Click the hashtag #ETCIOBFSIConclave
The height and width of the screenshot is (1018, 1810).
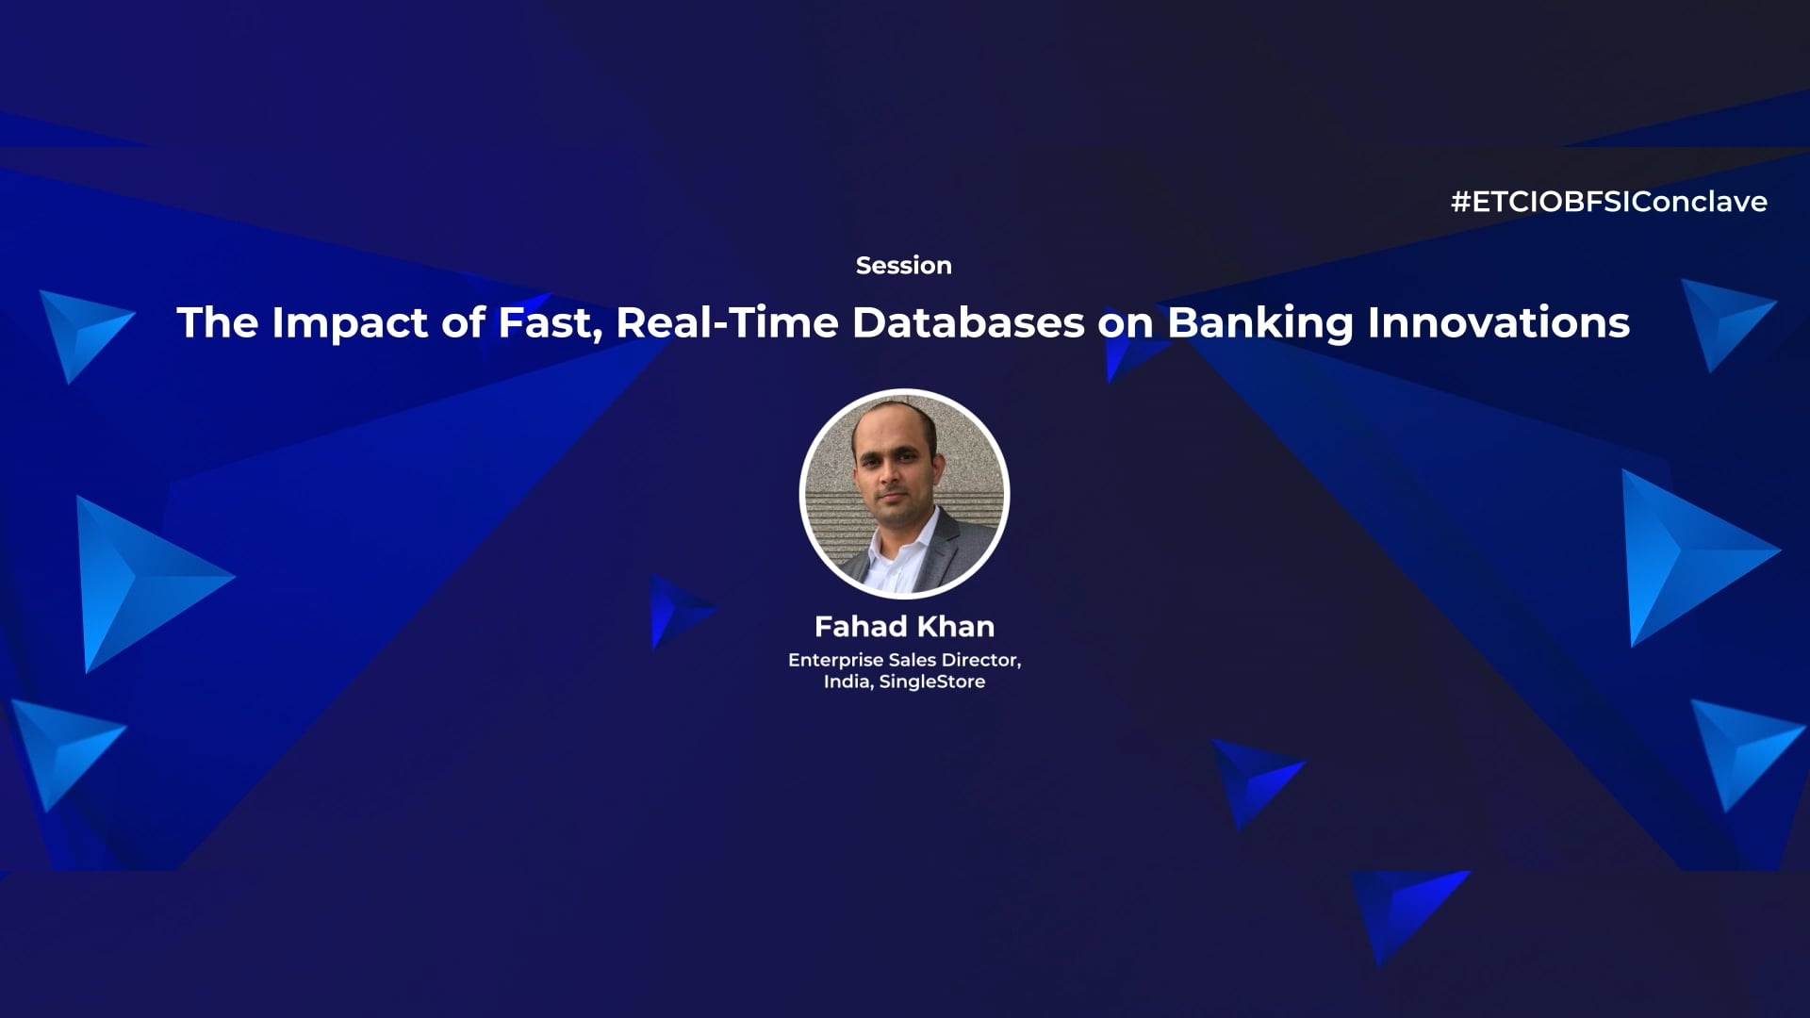click(x=1608, y=202)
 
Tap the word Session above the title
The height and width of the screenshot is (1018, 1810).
click(x=903, y=266)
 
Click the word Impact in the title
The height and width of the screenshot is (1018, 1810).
click(x=350, y=323)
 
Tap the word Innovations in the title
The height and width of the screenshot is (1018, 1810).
click(x=1498, y=323)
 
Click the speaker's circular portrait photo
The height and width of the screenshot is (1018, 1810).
click(x=904, y=494)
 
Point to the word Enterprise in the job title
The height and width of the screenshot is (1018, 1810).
click(x=835, y=660)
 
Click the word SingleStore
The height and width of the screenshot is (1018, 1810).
click(x=931, y=681)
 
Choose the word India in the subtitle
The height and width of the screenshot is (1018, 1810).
click(x=847, y=681)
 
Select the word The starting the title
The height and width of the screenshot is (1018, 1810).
click(x=217, y=323)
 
